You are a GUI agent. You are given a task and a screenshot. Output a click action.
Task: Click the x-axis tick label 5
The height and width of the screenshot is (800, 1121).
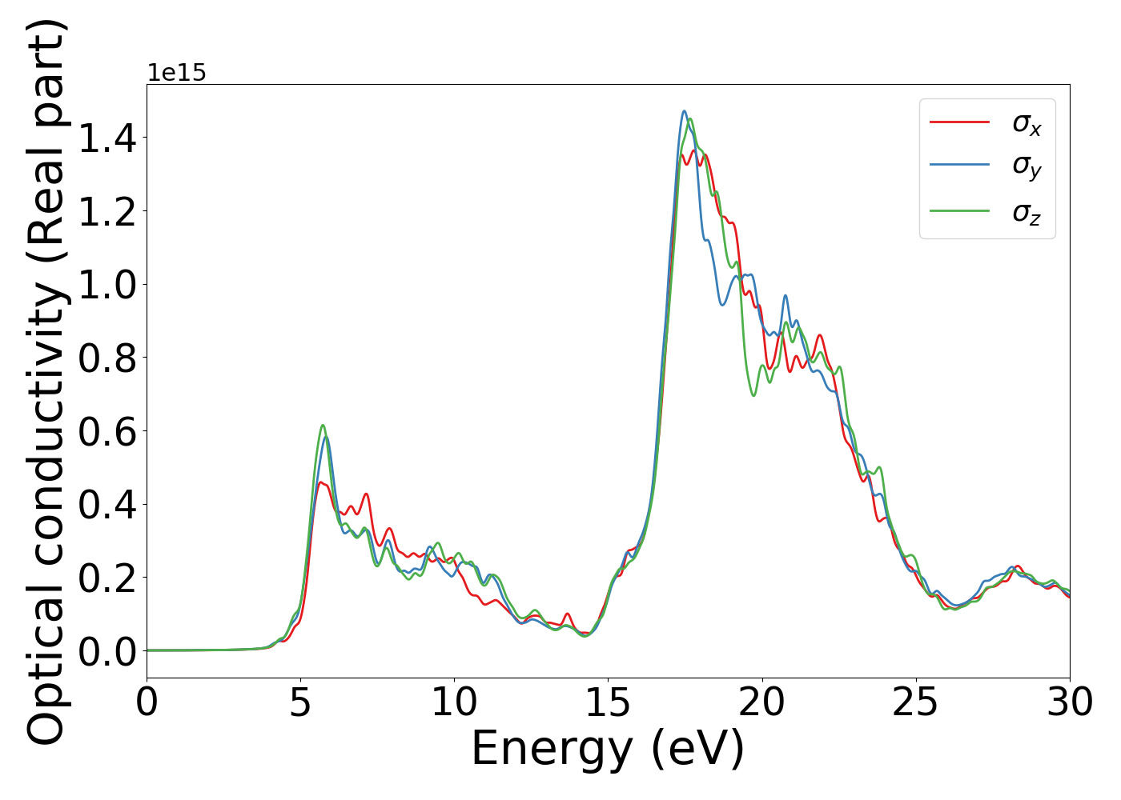pyautogui.click(x=300, y=703)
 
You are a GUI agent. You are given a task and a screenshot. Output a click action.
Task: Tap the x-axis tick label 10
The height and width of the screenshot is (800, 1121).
pyautogui.click(x=454, y=703)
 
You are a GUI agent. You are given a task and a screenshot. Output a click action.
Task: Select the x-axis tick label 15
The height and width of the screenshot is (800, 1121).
pyautogui.click(x=608, y=703)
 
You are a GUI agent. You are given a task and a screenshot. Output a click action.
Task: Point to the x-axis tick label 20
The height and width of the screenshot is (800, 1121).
pyautogui.click(x=761, y=703)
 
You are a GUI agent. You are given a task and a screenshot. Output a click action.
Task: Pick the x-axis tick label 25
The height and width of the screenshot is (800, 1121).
pyautogui.click(x=915, y=703)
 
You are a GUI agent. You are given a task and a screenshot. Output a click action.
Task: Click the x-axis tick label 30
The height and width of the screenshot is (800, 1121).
pyautogui.click(x=1070, y=703)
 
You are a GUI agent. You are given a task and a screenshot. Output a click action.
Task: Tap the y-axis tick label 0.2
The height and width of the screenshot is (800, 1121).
pyautogui.click(x=107, y=578)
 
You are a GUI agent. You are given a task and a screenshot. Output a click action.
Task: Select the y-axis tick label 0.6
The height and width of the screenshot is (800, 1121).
pyautogui.click(x=107, y=431)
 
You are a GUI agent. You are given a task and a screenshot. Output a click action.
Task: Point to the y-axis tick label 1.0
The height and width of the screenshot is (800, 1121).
pyautogui.click(x=107, y=285)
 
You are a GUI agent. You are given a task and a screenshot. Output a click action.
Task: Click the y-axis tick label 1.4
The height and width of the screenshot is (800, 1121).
pyautogui.click(x=107, y=138)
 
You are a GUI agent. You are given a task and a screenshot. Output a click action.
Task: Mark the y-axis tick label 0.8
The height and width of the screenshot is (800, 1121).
pyautogui.click(x=107, y=358)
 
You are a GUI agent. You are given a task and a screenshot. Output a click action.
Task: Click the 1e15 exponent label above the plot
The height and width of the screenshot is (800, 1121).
pyautogui.click(x=176, y=73)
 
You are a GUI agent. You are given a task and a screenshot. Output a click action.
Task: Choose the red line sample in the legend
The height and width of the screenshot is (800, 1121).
pyautogui.click(x=959, y=122)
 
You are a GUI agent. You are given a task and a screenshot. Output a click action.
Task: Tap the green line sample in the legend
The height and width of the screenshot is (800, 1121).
pyautogui.click(x=959, y=211)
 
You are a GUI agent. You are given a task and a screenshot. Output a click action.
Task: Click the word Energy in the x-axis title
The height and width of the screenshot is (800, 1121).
pyautogui.click(x=552, y=750)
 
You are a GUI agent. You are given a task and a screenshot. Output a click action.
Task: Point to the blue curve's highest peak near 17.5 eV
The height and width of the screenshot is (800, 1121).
pyautogui.click(x=684, y=111)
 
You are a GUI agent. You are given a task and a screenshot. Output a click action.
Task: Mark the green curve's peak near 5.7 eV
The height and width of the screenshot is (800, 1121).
pyautogui.click(x=323, y=425)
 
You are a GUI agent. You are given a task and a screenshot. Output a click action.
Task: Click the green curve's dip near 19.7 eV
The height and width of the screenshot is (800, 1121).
pyautogui.click(x=753, y=395)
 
